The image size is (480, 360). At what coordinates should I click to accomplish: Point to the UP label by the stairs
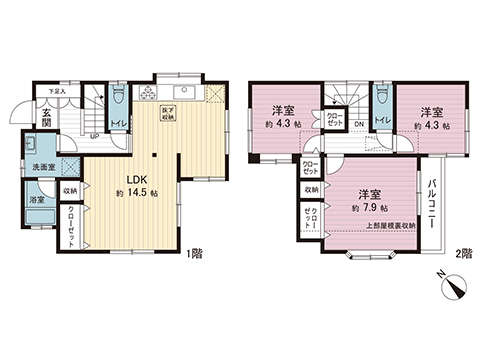[x=94, y=135]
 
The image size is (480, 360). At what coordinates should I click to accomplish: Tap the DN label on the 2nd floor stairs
[x=358, y=124]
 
